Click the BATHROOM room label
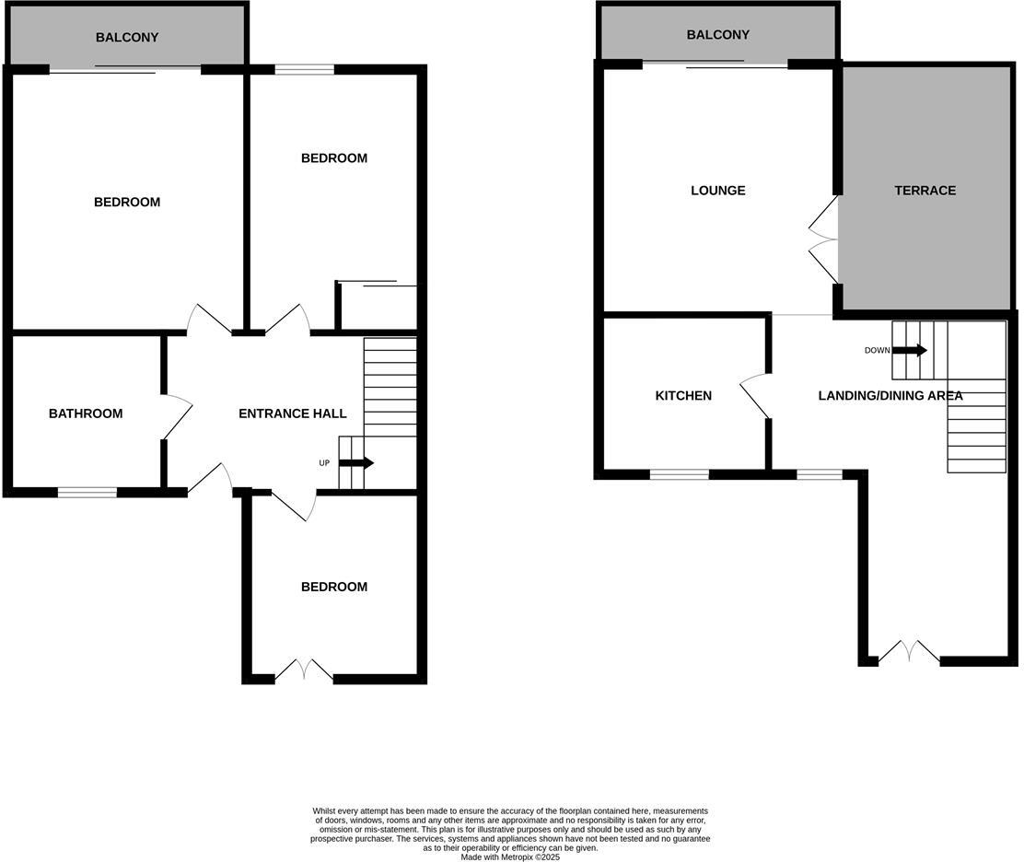(86, 414)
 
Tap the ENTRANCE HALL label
(292, 414)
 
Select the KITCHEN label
(682, 395)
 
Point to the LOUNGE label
(717, 191)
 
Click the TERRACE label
(925, 191)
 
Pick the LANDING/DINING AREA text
(890, 396)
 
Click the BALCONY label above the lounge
(717, 35)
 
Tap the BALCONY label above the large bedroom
(127, 38)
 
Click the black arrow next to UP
(355, 463)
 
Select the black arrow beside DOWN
(909, 350)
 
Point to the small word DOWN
(877, 350)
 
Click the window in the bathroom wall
(87, 493)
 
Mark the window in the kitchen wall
(679, 474)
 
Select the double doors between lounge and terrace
(822, 239)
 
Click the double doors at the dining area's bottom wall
(909, 654)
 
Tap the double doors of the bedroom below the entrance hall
(304, 670)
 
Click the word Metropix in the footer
(518, 856)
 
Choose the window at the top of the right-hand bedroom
(304, 69)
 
